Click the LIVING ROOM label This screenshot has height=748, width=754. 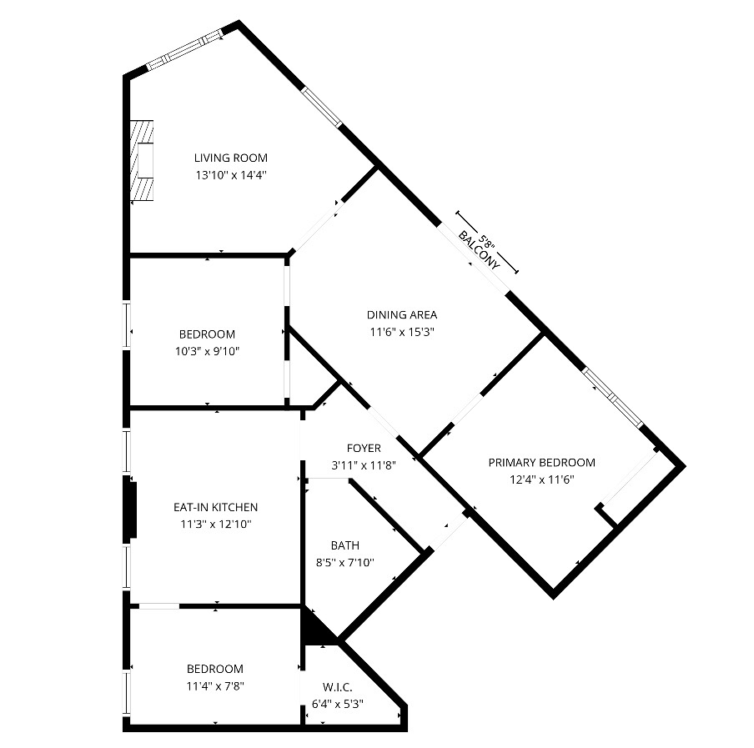click(231, 158)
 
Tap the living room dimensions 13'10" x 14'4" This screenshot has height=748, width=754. click(231, 175)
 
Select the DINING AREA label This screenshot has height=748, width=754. click(402, 315)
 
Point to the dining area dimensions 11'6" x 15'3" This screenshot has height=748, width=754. click(402, 332)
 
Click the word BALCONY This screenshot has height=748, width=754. click(479, 250)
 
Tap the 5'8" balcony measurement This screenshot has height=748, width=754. click(486, 241)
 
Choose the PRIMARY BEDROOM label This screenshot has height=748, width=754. click(542, 463)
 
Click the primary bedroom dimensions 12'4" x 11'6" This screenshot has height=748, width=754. click(542, 479)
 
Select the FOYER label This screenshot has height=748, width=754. click(364, 448)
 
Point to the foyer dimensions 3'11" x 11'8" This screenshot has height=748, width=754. click(364, 465)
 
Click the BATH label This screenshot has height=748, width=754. click(345, 545)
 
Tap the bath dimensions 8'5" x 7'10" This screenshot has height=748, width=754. click(345, 562)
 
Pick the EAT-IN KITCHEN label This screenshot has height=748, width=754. click(215, 507)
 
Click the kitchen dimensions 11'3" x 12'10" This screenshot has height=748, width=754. click(216, 524)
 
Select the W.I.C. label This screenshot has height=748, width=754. click(338, 687)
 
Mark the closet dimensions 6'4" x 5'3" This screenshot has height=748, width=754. click(338, 705)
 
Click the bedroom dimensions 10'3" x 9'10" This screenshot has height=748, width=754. click(207, 351)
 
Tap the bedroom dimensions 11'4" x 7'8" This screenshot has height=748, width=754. click(215, 686)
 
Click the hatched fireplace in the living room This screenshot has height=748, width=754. click(142, 161)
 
